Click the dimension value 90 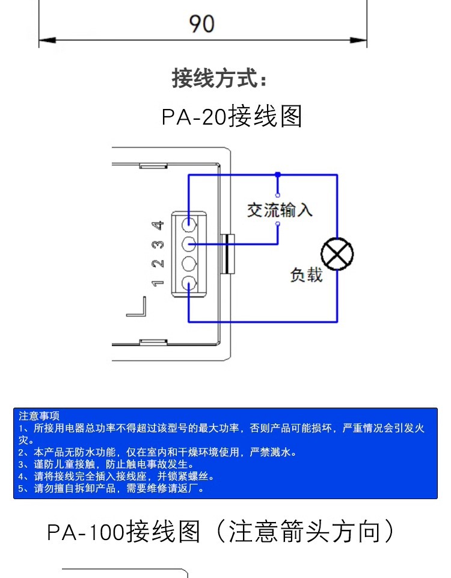[x=202, y=24]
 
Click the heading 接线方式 [x=219, y=78]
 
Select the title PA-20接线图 [x=232, y=117]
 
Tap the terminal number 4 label [x=158, y=225]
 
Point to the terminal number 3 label [x=158, y=244]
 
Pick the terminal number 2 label [x=158, y=264]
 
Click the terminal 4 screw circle [x=189, y=225]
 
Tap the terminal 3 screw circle [x=189, y=244]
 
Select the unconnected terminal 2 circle [x=189, y=263]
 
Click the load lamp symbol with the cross [x=337, y=255]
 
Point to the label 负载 [x=306, y=275]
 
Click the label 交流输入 [x=280, y=210]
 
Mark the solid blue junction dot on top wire [x=277, y=175]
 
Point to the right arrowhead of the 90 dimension [x=361, y=41]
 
